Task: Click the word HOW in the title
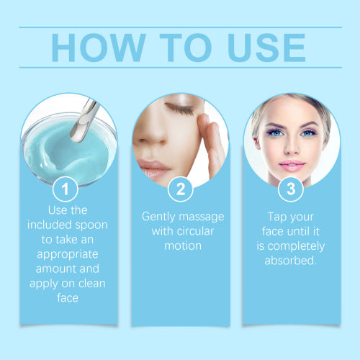pos(99,48)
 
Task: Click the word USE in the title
pos(266,48)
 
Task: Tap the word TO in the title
pos(186,48)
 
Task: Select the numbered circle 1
pos(66,189)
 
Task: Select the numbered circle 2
pos(181,189)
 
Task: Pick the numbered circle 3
pos(291,189)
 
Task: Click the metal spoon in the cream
pos(84,120)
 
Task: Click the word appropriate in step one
pos(68,255)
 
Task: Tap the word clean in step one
pos(92,284)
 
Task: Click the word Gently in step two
pos(158,217)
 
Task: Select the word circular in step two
pos(195,231)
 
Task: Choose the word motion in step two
pos(183,246)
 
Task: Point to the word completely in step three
pos(296,246)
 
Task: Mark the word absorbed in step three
pos(291,261)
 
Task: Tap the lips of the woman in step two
pos(153,169)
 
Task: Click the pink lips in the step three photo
pos(292,166)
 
